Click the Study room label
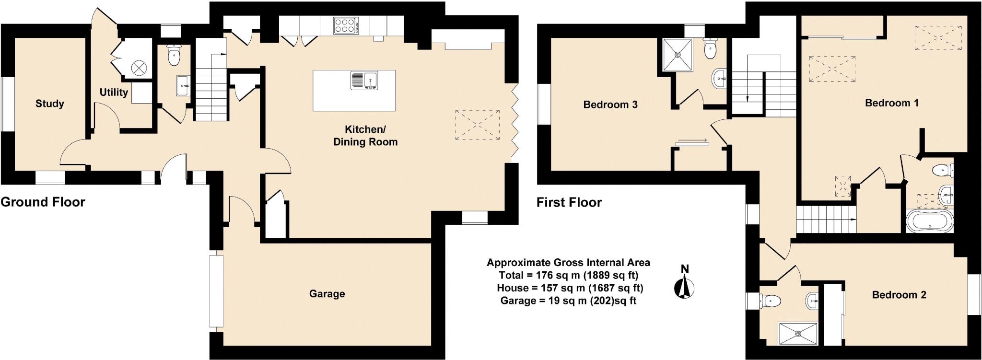click(x=50, y=104)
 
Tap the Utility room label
click(x=114, y=92)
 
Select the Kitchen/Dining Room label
click(x=365, y=136)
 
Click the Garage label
click(x=327, y=294)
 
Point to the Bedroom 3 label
click(x=610, y=105)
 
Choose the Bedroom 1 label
click(x=892, y=103)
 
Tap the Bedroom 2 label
click(x=899, y=295)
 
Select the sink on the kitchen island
click(x=365, y=81)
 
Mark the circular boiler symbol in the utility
click(x=139, y=68)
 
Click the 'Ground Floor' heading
click(x=43, y=202)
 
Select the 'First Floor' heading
click(x=569, y=202)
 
